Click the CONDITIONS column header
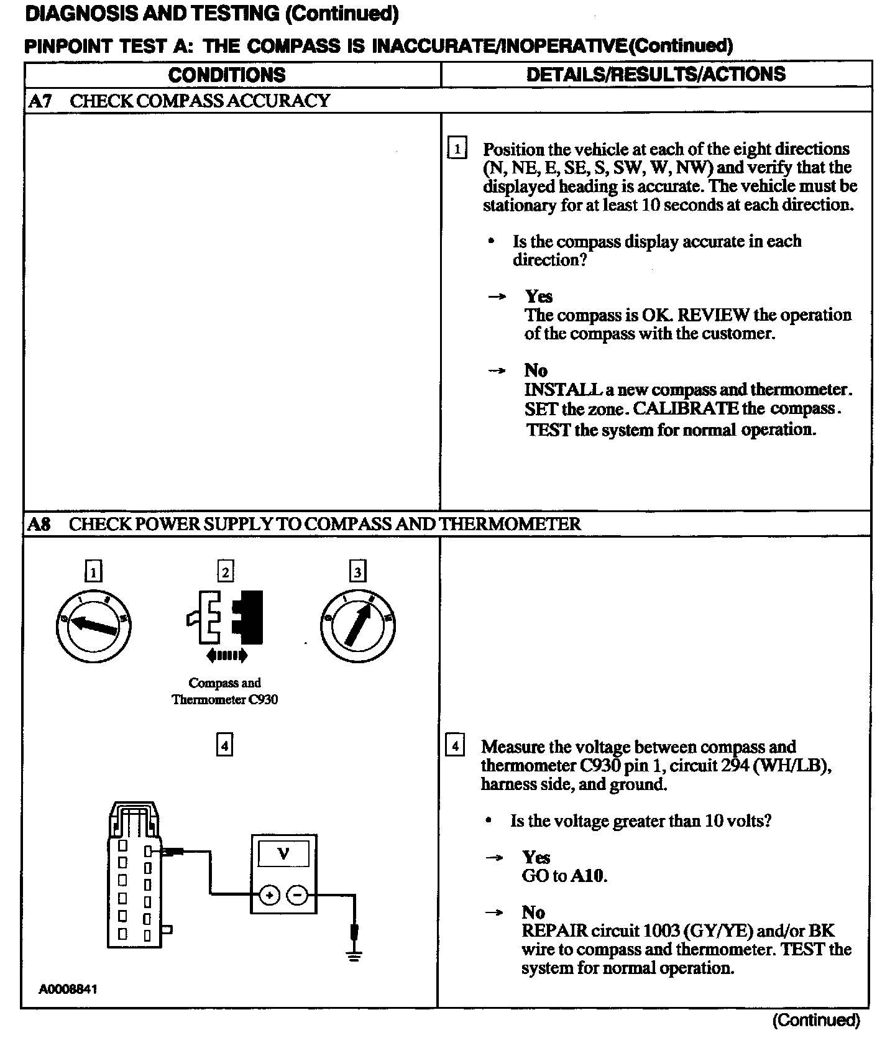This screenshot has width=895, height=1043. click(227, 75)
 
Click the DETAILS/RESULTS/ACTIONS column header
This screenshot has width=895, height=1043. click(656, 75)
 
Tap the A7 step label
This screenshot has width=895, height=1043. click(40, 101)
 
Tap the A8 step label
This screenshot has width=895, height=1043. click(39, 524)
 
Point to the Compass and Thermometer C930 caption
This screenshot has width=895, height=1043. click(224, 691)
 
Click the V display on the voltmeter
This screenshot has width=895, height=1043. click(283, 853)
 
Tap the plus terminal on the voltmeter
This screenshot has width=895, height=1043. click(269, 895)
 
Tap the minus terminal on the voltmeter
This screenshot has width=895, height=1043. click(298, 895)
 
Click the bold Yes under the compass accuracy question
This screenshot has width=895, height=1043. click(538, 296)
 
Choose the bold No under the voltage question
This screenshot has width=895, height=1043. click(533, 912)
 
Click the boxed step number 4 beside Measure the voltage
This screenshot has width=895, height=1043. click(455, 745)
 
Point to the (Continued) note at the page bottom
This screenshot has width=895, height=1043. click(815, 1020)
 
